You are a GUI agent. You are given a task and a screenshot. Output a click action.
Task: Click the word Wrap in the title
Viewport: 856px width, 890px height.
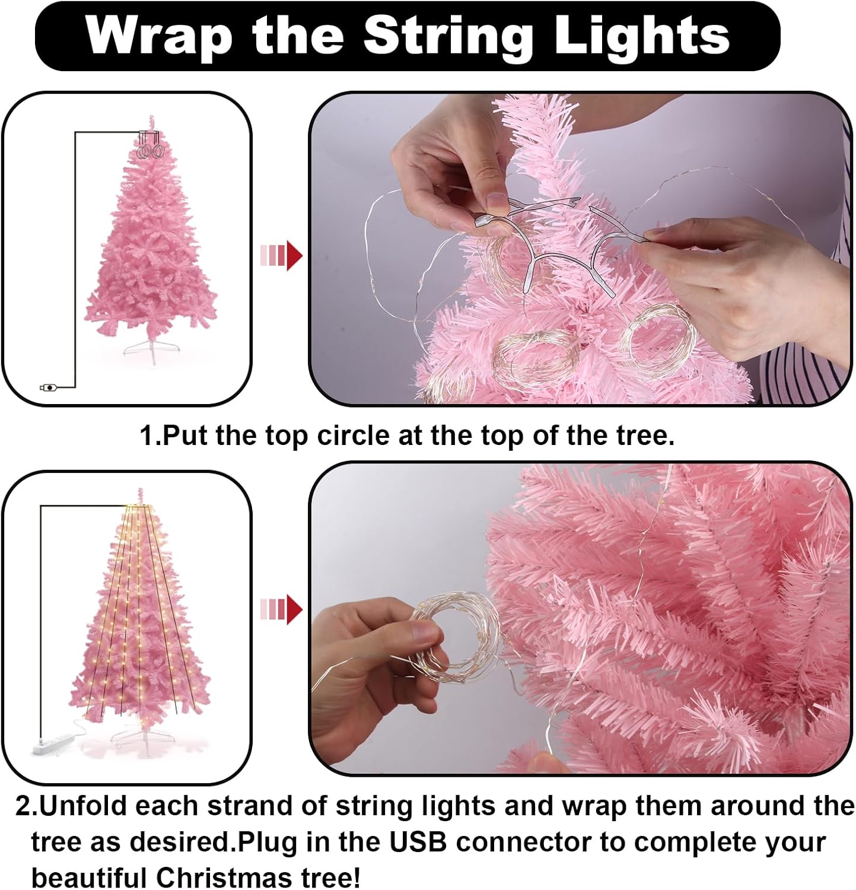(x=158, y=37)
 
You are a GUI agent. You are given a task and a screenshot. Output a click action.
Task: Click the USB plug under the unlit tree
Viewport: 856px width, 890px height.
(x=48, y=387)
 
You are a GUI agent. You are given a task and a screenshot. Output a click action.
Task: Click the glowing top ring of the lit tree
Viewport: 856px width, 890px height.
(x=140, y=507)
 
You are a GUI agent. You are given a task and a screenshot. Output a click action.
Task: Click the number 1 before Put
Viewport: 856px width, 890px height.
(x=147, y=436)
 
